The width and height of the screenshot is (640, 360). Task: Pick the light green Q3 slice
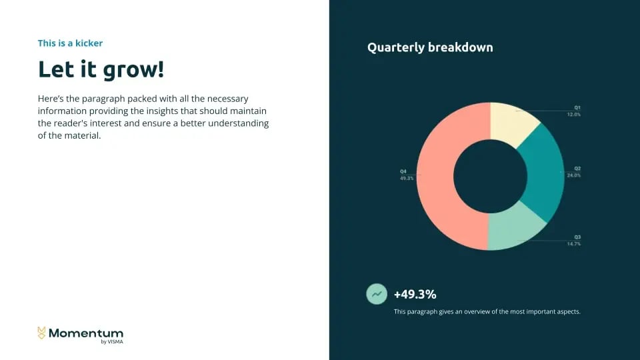(x=513, y=229)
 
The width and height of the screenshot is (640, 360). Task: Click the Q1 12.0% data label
(x=573, y=111)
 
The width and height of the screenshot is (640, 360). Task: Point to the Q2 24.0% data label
(x=573, y=172)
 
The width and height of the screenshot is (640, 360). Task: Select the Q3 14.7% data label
(x=573, y=241)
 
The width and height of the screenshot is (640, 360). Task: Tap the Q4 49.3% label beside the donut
(x=407, y=175)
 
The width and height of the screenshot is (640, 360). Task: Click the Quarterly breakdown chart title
(x=430, y=47)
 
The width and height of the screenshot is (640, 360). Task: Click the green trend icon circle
(x=377, y=294)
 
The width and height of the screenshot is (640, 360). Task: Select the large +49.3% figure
(x=415, y=294)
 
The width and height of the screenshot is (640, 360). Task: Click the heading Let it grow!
(x=101, y=69)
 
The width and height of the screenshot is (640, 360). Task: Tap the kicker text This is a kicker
(x=70, y=43)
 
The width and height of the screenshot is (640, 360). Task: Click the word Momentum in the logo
(x=86, y=333)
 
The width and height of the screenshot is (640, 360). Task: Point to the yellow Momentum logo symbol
(x=41, y=333)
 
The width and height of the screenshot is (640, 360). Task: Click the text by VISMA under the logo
(x=112, y=341)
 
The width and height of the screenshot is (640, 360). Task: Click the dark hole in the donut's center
(x=490, y=176)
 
